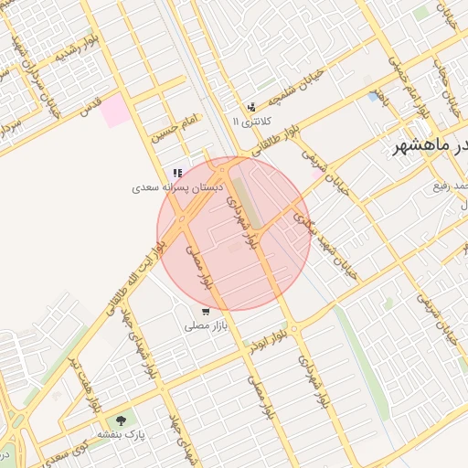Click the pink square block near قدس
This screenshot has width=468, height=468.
tap(115, 112)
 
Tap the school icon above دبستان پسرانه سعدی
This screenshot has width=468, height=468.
tap(177, 173)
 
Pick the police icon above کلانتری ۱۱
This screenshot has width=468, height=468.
tap(251, 108)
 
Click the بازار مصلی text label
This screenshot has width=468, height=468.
tap(205, 325)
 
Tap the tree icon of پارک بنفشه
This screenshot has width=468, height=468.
tap(122, 420)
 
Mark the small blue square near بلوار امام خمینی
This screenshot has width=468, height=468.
tap(372, 95)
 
